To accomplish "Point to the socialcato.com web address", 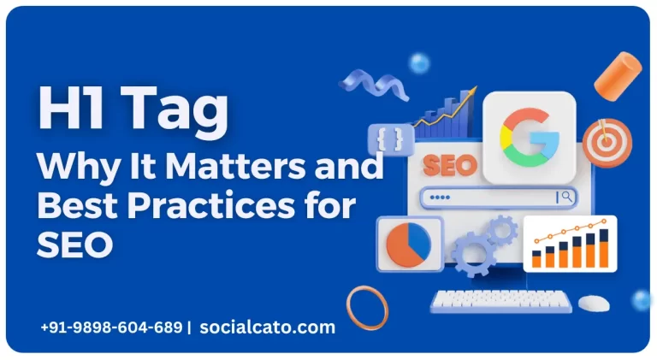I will click(x=267, y=327).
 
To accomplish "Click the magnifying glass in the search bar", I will click(x=565, y=197).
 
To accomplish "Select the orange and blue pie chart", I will click(x=408, y=244).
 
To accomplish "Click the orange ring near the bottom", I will click(x=367, y=306).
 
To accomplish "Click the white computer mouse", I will click(x=593, y=303).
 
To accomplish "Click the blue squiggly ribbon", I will click(x=364, y=82).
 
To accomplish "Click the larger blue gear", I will click(x=472, y=252).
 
